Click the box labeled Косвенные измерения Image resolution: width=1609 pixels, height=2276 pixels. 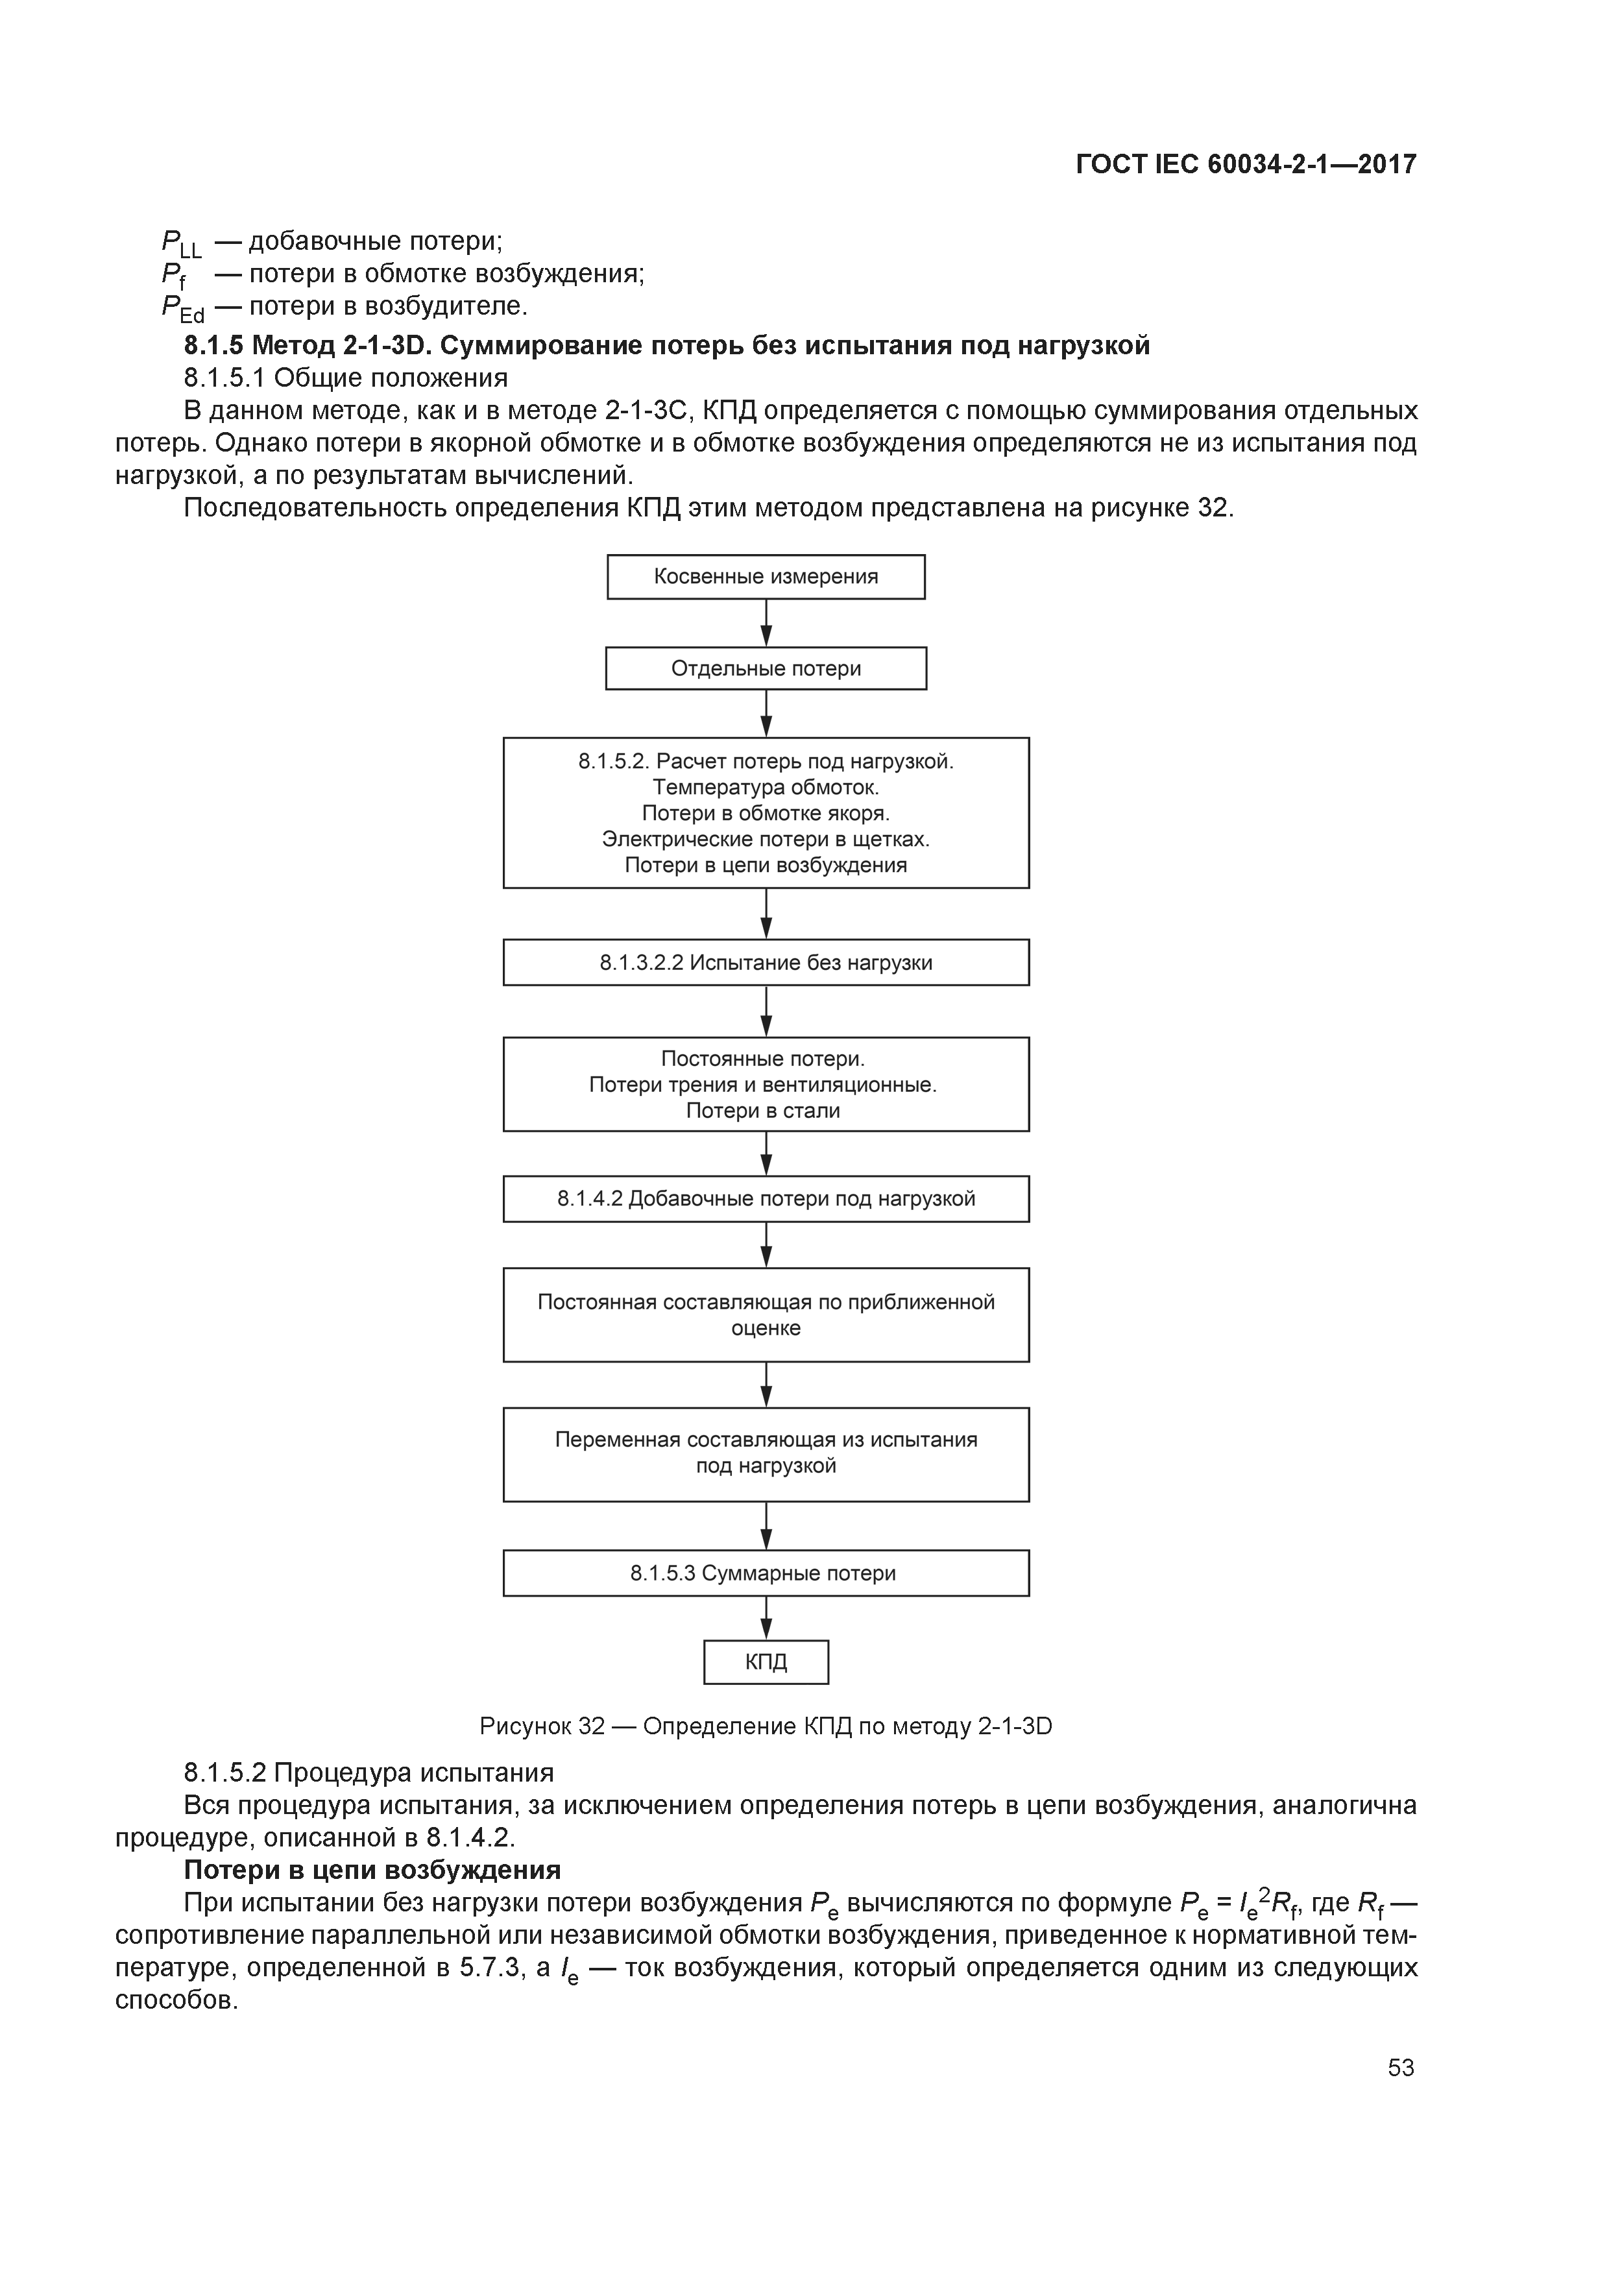(x=766, y=577)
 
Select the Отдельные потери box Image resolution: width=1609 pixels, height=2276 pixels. (x=766, y=668)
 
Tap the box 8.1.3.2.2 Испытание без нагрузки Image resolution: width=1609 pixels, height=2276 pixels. (x=766, y=963)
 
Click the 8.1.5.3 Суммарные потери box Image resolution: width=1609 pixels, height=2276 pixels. (x=766, y=1573)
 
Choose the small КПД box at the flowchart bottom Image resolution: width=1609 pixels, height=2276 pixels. (x=766, y=1662)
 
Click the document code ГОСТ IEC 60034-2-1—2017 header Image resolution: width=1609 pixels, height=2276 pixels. (x=1246, y=163)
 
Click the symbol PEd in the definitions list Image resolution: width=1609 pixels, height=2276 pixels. (x=182, y=308)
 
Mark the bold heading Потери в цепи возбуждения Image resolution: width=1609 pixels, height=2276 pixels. (x=373, y=1870)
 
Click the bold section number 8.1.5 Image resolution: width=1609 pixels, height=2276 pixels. (x=213, y=345)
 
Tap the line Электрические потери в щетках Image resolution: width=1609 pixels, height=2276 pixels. (x=766, y=839)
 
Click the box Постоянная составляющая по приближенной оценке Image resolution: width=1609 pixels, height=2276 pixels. (x=766, y=1314)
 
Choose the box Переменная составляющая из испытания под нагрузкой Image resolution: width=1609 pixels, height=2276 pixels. (x=766, y=1453)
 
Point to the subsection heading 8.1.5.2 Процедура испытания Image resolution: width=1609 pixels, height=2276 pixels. (x=369, y=1771)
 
